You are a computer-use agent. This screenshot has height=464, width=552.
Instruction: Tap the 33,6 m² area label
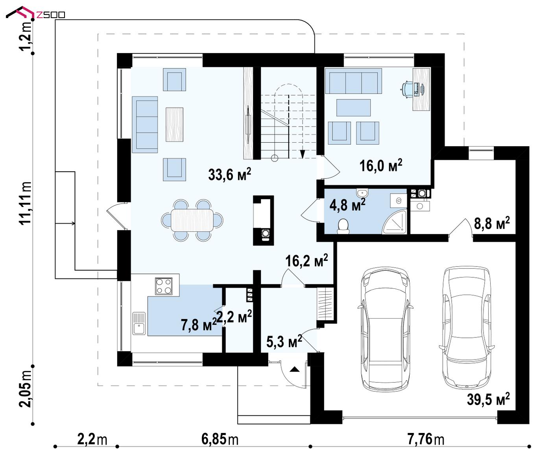point(229,174)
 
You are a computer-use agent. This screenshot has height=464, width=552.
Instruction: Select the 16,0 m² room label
point(381,165)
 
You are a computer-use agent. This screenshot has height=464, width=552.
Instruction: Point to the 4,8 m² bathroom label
point(347,205)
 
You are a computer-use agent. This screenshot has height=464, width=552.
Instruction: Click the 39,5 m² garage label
point(488,399)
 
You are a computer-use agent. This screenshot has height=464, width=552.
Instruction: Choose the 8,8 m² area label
point(492,224)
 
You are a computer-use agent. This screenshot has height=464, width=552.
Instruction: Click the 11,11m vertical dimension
point(26,203)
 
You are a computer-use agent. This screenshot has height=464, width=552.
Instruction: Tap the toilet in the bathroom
point(343,226)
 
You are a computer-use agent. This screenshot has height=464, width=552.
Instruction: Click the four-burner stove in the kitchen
point(163,286)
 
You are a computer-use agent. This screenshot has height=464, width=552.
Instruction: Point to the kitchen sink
point(139,324)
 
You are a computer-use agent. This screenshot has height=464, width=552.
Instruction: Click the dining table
point(192,220)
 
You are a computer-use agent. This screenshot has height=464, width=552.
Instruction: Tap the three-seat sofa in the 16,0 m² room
point(353,81)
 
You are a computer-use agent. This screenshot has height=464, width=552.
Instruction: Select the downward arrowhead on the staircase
point(303,154)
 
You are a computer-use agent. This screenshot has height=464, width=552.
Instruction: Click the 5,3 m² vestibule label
point(284,342)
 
